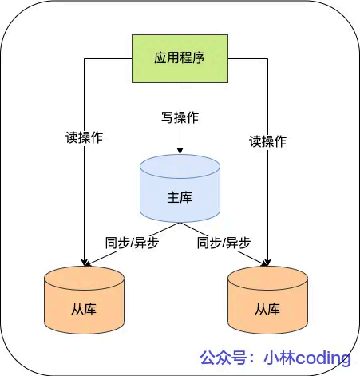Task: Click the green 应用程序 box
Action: point(180,58)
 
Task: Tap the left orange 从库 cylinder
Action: point(84,299)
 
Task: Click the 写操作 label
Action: point(180,117)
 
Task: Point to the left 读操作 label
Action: point(84,137)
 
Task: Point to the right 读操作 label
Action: point(267,141)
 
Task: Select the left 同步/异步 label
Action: point(132,243)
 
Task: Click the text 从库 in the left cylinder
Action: point(84,308)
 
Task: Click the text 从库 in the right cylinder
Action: point(267,309)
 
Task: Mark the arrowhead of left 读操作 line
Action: point(84,261)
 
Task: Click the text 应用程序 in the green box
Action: point(180,58)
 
